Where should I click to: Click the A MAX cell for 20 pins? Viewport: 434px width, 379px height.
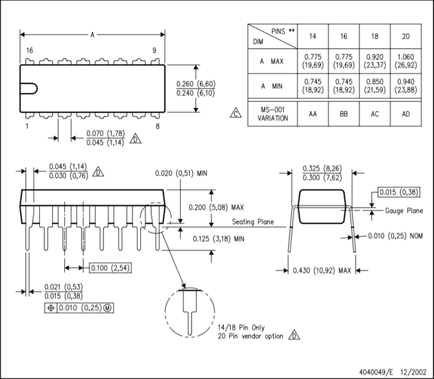[x=406, y=61]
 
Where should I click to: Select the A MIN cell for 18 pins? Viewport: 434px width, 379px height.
[x=375, y=86]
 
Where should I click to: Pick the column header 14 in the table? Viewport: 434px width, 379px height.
[x=312, y=36]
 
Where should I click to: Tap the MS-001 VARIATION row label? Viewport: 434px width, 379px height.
[x=273, y=114]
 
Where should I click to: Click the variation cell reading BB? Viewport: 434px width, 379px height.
[x=344, y=114]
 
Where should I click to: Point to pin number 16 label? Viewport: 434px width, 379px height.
[x=30, y=50]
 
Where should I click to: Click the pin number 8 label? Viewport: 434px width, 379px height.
[x=158, y=127]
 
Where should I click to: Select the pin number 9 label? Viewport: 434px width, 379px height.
[x=154, y=50]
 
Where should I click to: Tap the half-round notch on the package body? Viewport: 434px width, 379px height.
[x=33, y=89]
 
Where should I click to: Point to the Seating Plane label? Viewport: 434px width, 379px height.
[x=253, y=222]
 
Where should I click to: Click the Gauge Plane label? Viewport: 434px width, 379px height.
[x=404, y=211]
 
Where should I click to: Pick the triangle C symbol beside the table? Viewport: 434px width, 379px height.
[x=236, y=113]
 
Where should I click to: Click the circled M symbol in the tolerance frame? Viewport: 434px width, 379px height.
[x=107, y=308]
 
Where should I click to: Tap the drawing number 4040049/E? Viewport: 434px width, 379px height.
[x=376, y=371]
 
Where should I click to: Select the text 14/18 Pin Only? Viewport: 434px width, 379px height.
[x=241, y=328]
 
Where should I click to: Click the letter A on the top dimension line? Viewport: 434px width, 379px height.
[x=93, y=35]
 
